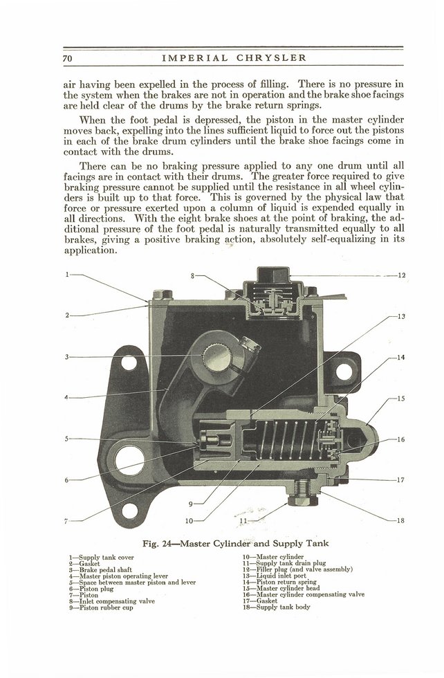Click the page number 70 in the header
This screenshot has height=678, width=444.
67,57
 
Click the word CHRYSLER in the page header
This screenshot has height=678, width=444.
268,57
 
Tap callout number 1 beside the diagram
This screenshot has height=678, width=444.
66,275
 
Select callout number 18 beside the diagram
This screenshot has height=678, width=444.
401,520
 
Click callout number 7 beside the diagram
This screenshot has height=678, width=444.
66,520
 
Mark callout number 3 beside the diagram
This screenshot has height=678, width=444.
66,357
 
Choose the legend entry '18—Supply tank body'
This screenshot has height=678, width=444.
276,607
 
